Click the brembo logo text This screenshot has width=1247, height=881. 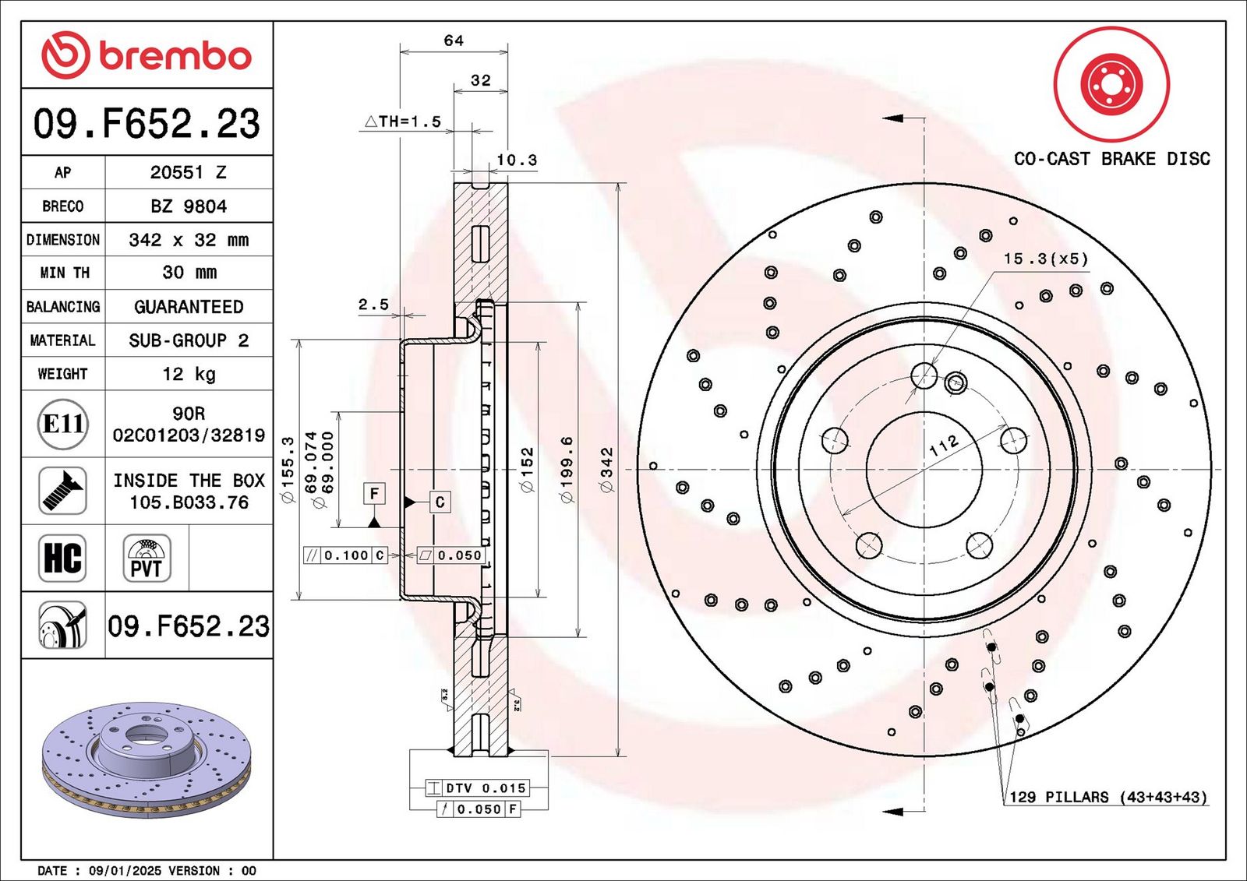(175, 56)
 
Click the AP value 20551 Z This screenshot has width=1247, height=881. (188, 172)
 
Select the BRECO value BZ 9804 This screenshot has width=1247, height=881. (188, 206)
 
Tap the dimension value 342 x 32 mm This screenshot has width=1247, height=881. (188, 240)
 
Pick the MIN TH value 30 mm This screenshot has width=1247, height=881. (188, 273)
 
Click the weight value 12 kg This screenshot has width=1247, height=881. (188, 374)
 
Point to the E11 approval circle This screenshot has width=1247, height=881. (62, 424)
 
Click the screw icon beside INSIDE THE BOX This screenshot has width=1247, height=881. (62, 491)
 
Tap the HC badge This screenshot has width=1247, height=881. (62, 558)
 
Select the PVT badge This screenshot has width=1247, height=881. (147, 558)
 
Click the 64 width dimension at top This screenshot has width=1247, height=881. (454, 41)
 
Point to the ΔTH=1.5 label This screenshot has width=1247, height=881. (404, 122)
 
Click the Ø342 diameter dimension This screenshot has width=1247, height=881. (606, 469)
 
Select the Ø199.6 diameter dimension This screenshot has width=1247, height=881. (567, 469)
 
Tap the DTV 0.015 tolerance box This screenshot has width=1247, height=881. (486, 788)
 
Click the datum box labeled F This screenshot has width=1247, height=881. (374, 493)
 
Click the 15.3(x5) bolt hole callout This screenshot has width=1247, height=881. (1045, 259)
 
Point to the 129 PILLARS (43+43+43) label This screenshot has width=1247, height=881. (1107, 797)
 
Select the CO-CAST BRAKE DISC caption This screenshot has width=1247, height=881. (1111, 159)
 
